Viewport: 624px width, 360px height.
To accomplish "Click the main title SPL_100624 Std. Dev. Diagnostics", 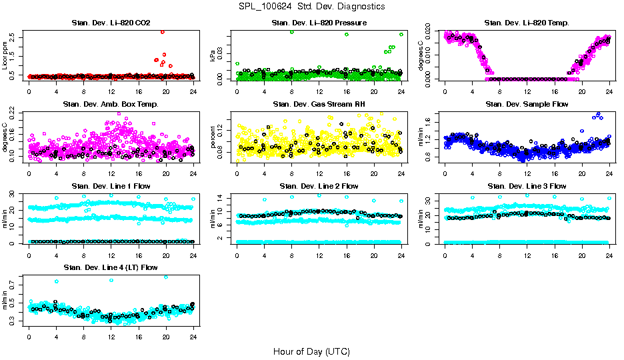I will [x=311, y=7].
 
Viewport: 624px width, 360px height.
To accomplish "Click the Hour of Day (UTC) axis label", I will [x=311, y=351].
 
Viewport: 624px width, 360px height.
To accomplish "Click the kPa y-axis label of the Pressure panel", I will [x=213, y=56].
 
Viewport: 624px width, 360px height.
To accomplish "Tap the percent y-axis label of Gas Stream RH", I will [x=213, y=137].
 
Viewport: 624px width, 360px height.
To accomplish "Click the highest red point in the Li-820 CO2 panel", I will [x=163, y=32].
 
